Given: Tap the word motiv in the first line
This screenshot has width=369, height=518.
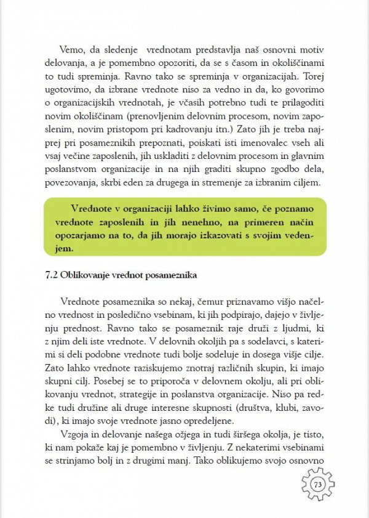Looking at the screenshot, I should click(311, 50).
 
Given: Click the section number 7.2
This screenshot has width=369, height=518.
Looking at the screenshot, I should click(52, 275).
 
